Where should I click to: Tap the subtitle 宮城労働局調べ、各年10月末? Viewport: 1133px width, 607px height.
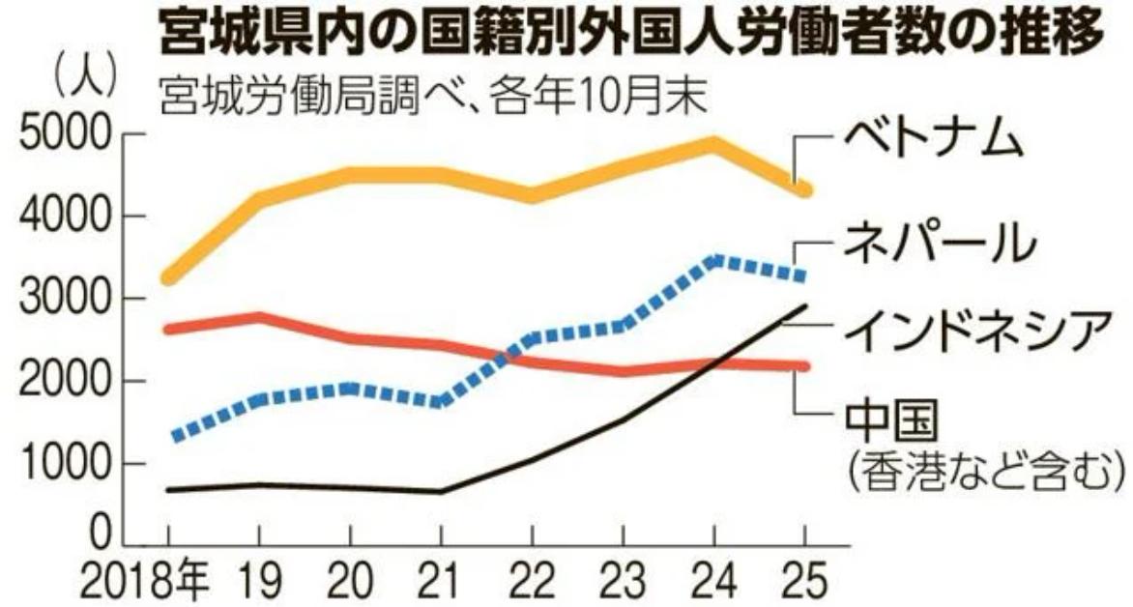coord(431,98)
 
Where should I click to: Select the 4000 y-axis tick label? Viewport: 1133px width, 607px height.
coord(64,218)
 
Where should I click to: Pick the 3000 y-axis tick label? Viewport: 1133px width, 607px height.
coord(64,301)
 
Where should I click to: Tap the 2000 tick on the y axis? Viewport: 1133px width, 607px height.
coord(64,382)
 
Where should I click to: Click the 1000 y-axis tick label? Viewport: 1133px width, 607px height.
coord(64,464)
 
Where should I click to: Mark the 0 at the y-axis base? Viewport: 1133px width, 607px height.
coord(98,535)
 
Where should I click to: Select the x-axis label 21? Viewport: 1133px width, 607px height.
coord(441,582)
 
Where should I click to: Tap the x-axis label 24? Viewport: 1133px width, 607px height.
coord(713,582)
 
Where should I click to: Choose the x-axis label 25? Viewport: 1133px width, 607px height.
coord(804,582)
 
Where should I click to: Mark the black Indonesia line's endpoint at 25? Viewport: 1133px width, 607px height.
coord(804,307)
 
